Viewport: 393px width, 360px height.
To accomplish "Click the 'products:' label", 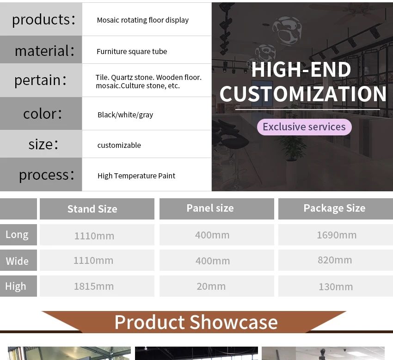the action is pos(43,19).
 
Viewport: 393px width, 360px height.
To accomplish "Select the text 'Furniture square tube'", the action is pos(132,51).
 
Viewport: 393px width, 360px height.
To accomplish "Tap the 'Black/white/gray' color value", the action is pos(125,115).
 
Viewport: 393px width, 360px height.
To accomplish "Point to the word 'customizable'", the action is pos(119,145).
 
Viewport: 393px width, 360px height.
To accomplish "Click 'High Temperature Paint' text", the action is pos(136,176).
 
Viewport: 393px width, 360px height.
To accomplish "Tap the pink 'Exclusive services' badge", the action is pos(304,127).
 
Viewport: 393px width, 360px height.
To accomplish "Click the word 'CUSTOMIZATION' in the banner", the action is pos(303,94).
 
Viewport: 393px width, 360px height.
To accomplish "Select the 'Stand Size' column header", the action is pos(92,209).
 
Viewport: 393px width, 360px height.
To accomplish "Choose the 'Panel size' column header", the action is pos(210,208).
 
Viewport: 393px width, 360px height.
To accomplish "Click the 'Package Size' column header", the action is pos(334,208).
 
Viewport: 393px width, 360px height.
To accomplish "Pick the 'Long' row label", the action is pos(17,235).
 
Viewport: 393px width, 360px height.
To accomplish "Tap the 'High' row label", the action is pos(16,286).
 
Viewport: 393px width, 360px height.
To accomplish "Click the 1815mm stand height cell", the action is pos(94,287).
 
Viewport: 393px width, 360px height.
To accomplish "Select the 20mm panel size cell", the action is pos(211,287).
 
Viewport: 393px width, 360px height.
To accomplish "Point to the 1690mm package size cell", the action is pos(337,235).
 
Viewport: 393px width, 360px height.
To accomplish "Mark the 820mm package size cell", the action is pos(335,260).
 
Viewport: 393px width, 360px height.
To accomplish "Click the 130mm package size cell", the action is pos(336,287).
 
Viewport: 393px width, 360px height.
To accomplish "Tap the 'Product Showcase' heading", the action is pos(196,322).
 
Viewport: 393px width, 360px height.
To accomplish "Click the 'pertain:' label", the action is pos(41,80).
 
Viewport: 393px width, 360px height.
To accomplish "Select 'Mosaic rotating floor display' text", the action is pos(142,20).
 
